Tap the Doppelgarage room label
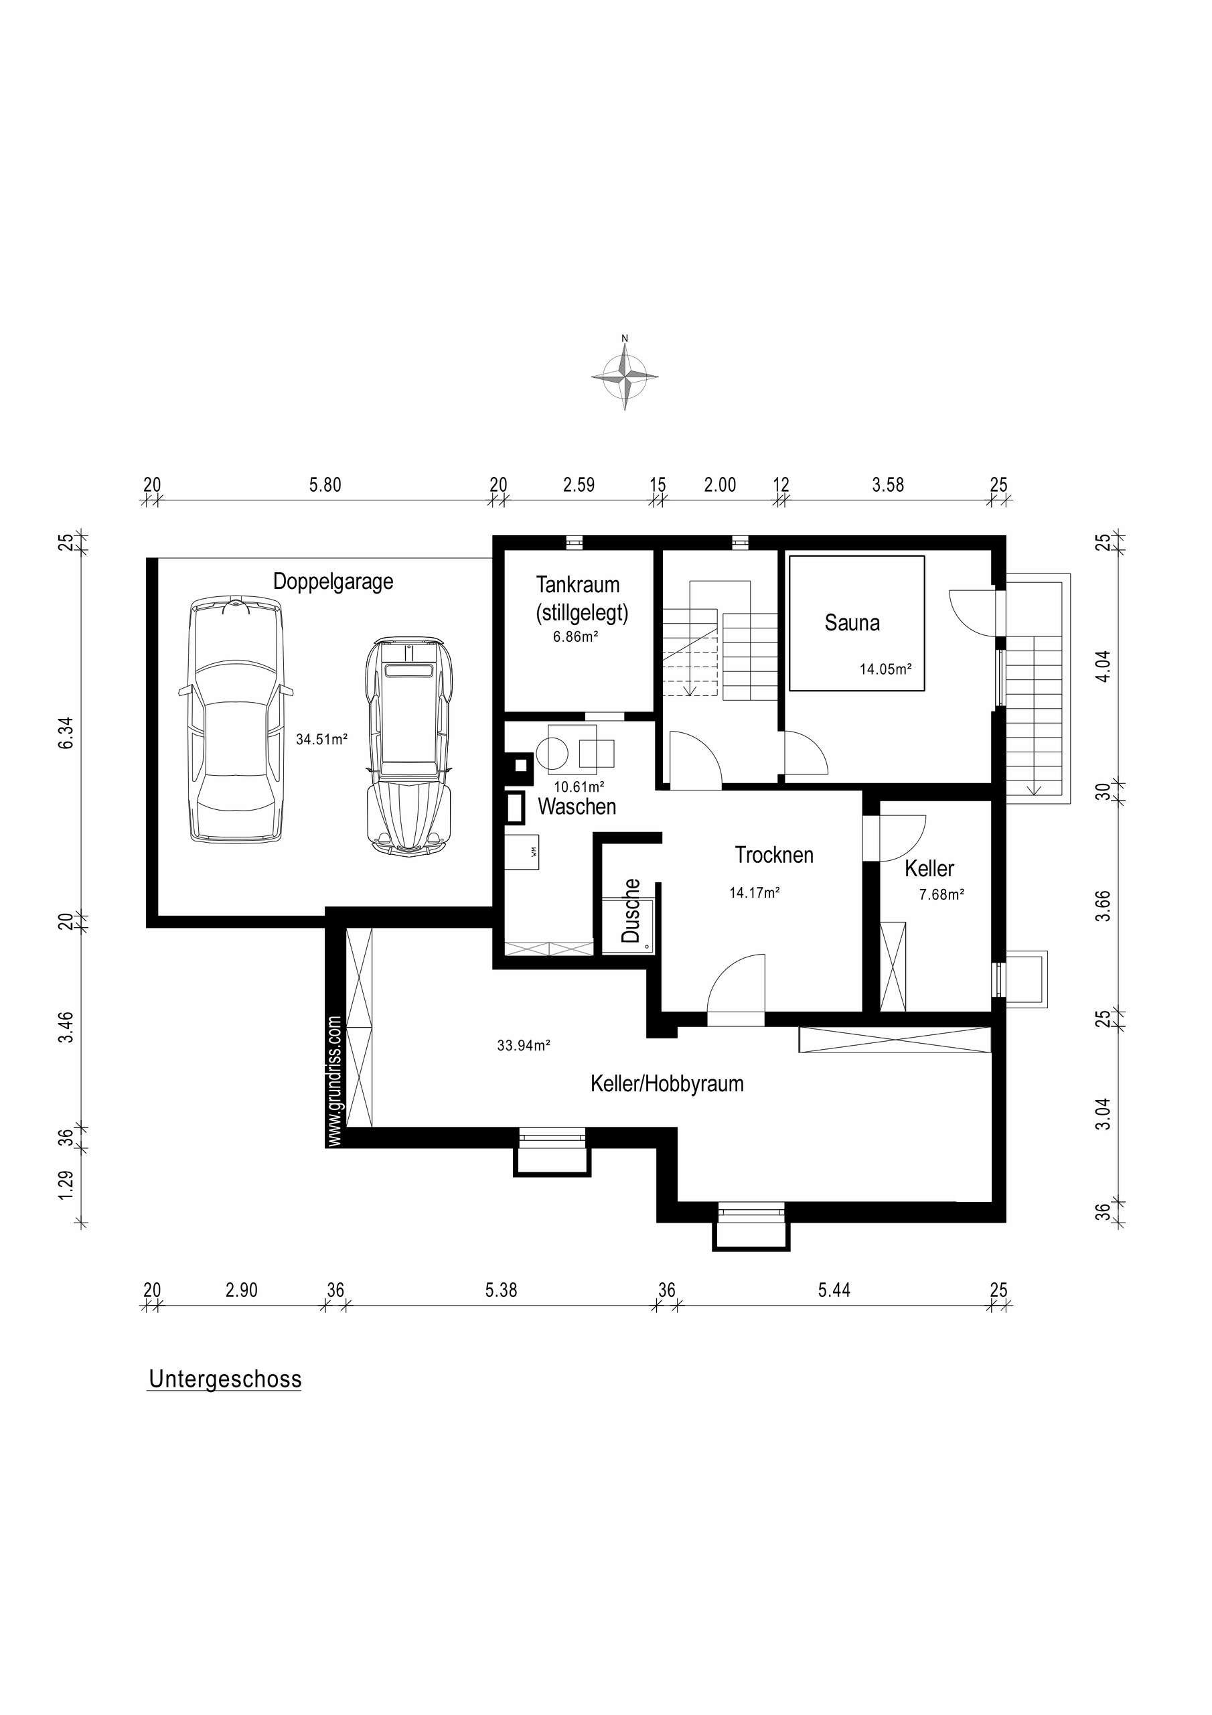click(x=333, y=582)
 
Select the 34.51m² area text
click(x=322, y=740)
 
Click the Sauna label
click(x=852, y=623)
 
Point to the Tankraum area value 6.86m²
click(x=576, y=637)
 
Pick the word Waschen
click(x=577, y=807)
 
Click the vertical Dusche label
click(x=631, y=910)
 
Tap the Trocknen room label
click(x=773, y=855)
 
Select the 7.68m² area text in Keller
click(x=941, y=894)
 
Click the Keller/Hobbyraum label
click(x=667, y=1084)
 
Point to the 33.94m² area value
click(x=524, y=1046)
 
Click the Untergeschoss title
click(x=225, y=1379)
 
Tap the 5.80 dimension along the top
click(x=325, y=485)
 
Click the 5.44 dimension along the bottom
click(x=834, y=1290)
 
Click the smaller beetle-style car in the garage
click(x=410, y=747)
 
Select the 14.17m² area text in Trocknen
click(x=754, y=892)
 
